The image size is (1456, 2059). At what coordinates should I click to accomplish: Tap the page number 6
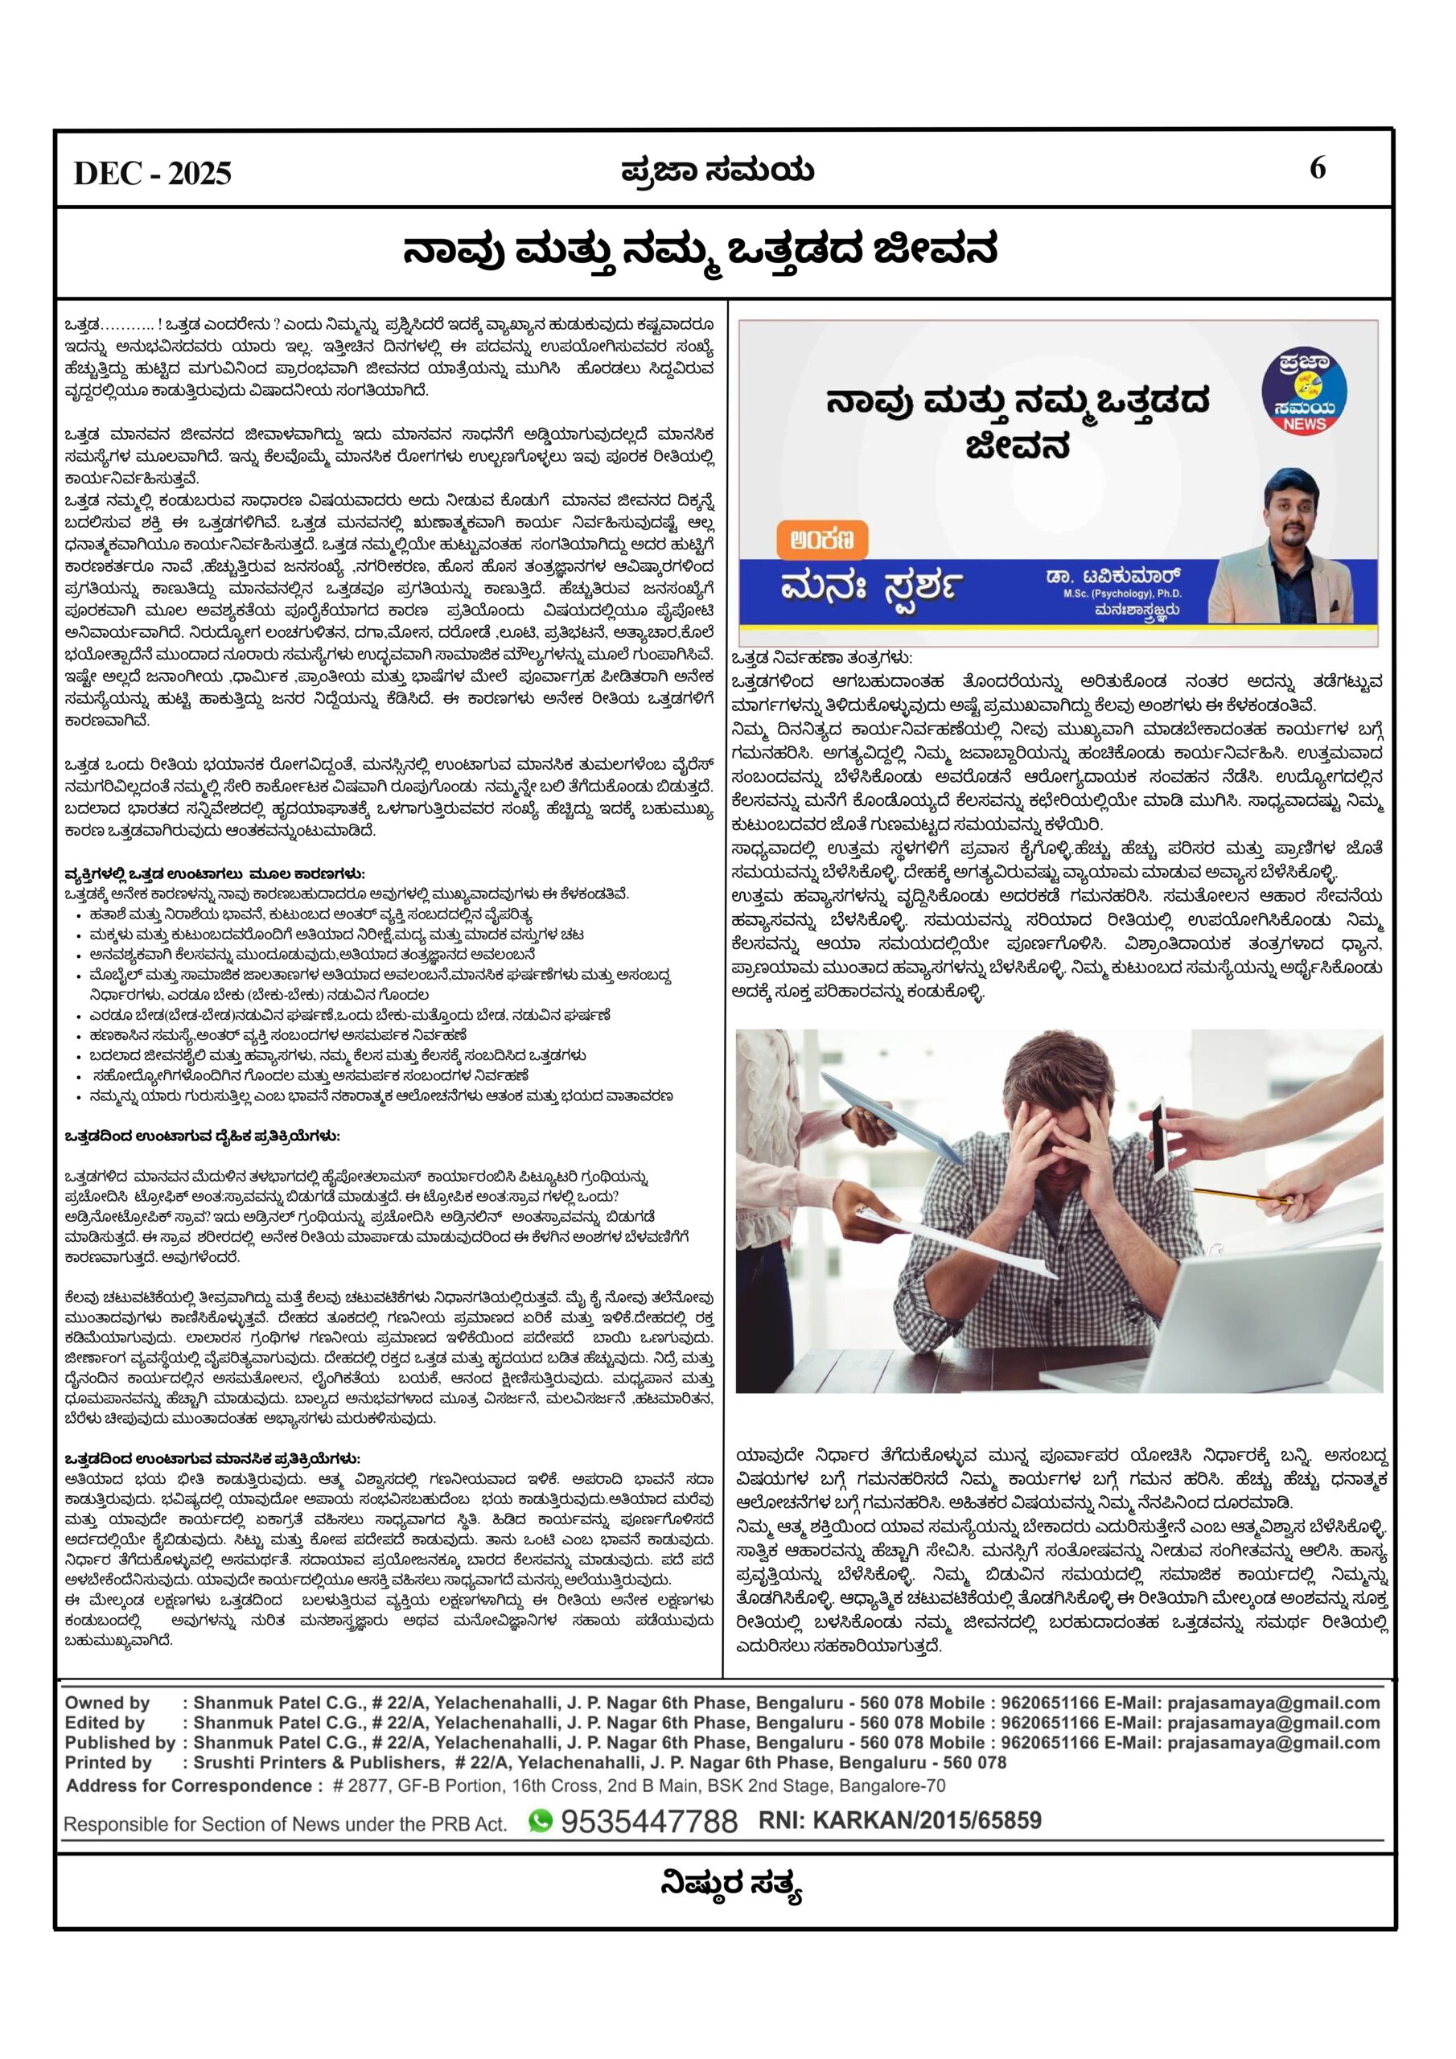click(x=1317, y=168)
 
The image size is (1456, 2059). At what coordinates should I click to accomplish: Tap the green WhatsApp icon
click(x=540, y=1819)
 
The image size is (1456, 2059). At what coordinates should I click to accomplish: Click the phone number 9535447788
click(x=648, y=1820)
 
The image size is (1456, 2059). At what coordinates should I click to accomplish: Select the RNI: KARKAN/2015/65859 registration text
click(x=900, y=1819)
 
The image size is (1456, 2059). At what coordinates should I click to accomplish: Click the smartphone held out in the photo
click(x=1159, y=1136)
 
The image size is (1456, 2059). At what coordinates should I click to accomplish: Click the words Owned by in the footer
click(x=107, y=1703)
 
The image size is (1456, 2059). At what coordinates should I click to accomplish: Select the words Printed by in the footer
click(x=108, y=1762)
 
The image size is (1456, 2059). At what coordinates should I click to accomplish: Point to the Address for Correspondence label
click(x=194, y=1786)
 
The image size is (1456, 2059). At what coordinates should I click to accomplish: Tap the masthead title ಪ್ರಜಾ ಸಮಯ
click(x=718, y=170)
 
